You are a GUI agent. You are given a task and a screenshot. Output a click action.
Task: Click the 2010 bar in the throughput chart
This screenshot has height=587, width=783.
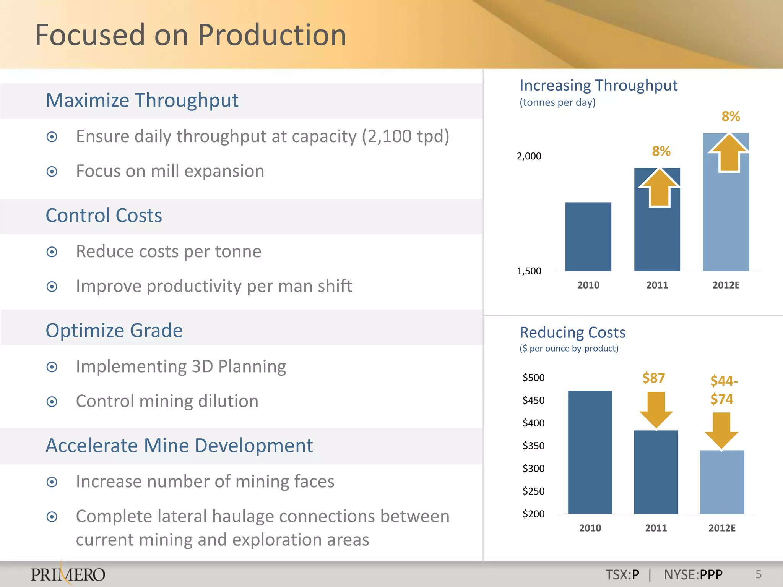588,237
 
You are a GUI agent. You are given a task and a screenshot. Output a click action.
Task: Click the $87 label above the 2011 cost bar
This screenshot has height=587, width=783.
653,378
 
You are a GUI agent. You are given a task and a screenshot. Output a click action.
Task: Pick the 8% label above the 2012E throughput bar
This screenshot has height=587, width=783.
731,117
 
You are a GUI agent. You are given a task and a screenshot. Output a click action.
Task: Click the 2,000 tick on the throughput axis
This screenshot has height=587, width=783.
529,156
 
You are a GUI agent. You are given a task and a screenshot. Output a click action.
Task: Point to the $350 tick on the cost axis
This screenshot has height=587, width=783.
533,446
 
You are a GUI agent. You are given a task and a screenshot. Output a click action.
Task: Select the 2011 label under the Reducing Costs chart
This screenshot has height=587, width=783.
656,528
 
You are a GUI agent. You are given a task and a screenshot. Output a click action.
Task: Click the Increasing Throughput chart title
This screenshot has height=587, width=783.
598,86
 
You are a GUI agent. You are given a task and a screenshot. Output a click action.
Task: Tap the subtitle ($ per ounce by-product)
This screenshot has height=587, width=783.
569,349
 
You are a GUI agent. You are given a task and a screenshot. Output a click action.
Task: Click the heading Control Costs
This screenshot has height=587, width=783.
104,216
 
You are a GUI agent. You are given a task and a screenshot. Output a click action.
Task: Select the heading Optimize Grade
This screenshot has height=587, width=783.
114,331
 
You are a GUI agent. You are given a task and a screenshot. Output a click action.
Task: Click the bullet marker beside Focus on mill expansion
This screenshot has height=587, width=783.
52,172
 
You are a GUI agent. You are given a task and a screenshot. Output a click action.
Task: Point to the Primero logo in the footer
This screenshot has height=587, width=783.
68,574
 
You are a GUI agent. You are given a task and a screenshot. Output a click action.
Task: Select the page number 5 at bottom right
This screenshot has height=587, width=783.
759,574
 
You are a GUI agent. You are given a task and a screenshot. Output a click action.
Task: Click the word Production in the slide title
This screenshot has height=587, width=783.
272,35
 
